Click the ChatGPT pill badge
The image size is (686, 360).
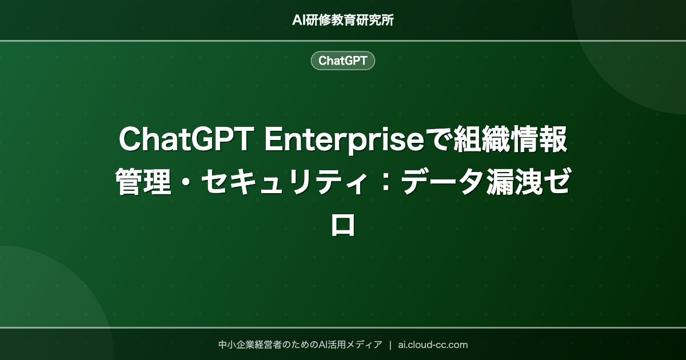(343, 61)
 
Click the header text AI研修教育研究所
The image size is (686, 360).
(343, 20)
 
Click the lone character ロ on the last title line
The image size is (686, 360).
(343, 225)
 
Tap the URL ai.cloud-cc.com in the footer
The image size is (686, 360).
(433, 345)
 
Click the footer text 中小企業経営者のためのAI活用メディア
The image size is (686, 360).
(300, 345)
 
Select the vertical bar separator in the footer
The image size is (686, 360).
(390, 345)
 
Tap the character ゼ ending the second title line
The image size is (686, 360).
(558, 183)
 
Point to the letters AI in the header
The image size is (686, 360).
(299, 20)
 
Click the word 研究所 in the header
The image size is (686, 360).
(377, 20)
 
